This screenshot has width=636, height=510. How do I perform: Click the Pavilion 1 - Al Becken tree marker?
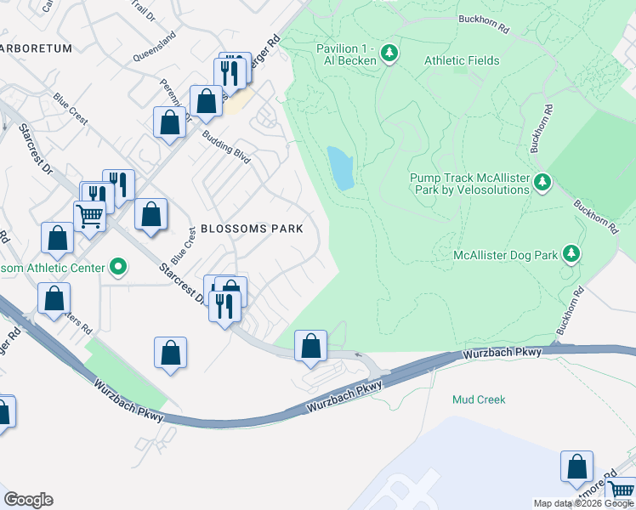[x=389, y=54]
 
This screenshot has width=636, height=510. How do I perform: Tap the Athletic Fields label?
[x=462, y=60]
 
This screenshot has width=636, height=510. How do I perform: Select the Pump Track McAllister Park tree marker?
[x=542, y=182]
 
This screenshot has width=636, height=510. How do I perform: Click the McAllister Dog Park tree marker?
[x=572, y=253]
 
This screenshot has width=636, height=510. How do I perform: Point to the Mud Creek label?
[x=479, y=399]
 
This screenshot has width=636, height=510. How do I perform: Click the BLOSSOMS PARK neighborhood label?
[x=252, y=229]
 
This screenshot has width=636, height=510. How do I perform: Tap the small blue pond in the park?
[x=340, y=167]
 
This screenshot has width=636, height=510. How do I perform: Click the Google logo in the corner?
[x=28, y=500]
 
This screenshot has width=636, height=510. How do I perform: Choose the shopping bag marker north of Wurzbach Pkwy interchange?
[x=310, y=346]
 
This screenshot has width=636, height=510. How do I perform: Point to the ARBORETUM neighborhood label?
[x=36, y=48]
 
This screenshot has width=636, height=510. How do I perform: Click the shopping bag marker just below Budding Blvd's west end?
[x=170, y=122]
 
